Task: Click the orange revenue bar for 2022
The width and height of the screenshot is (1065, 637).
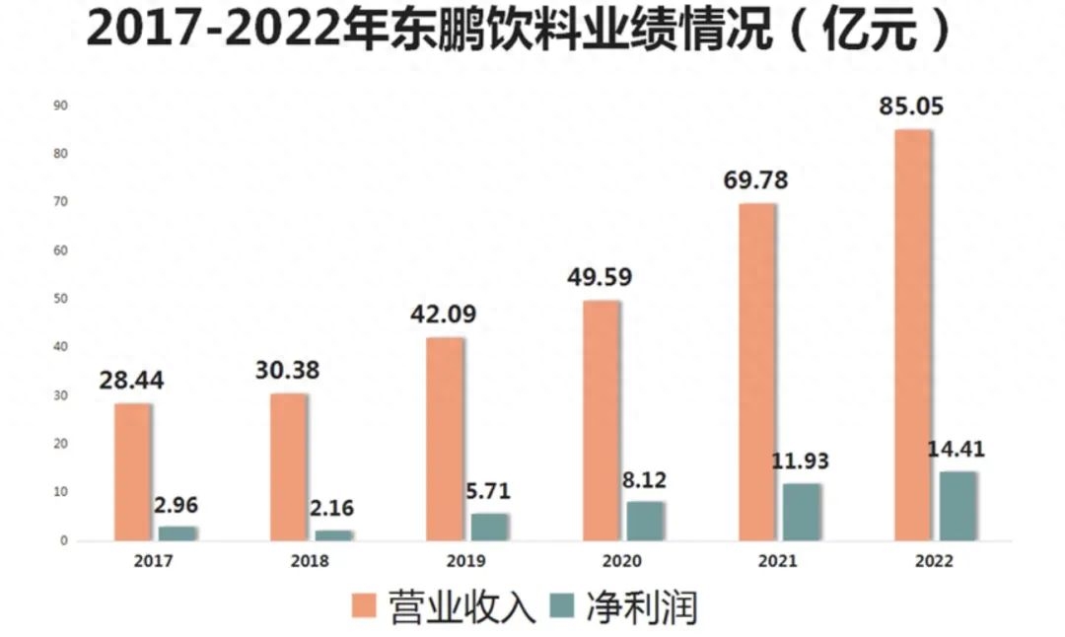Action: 912,335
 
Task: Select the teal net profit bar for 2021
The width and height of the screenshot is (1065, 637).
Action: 802,512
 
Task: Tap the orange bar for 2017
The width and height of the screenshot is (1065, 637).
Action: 132,471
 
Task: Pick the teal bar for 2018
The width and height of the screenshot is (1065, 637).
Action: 333,535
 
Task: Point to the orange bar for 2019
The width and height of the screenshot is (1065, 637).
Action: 444,439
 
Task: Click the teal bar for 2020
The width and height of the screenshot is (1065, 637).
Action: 645,521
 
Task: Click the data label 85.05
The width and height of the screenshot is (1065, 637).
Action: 911,106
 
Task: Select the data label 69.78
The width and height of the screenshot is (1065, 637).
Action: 754,180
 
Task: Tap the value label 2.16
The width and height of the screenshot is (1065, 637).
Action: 331,509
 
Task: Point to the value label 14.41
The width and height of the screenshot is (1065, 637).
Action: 956,450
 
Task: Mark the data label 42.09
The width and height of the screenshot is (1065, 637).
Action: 443,316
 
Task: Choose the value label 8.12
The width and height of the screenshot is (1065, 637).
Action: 645,480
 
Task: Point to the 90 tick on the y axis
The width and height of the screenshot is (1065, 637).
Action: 60,106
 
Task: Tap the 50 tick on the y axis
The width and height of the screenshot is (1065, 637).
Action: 60,299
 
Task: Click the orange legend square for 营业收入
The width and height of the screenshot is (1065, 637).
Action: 365,606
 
